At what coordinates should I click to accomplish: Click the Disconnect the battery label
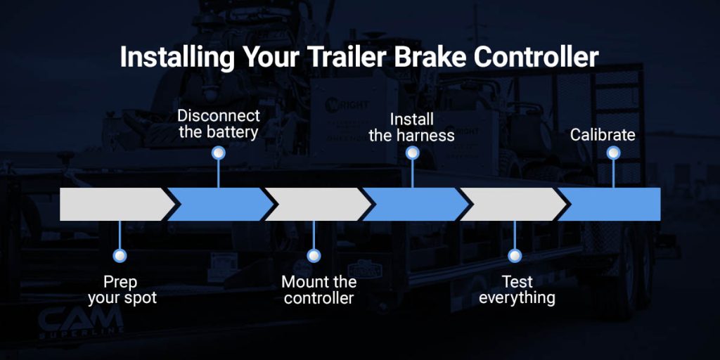(219, 123)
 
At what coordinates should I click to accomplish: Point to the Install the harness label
(412, 127)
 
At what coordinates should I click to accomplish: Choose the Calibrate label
(603, 134)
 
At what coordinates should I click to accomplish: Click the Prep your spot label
(122, 290)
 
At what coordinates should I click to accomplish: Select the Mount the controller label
(319, 290)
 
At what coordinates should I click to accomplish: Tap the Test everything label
(517, 290)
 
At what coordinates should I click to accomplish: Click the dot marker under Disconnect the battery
(219, 152)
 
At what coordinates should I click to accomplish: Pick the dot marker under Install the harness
(413, 153)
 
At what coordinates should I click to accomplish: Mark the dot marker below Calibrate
(614, 153)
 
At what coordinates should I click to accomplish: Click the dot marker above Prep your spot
(120, 256)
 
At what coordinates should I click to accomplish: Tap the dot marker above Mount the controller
(314, 256)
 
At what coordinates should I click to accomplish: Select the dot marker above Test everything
(515, 256)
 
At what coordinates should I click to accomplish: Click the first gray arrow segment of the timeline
(112, 204)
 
